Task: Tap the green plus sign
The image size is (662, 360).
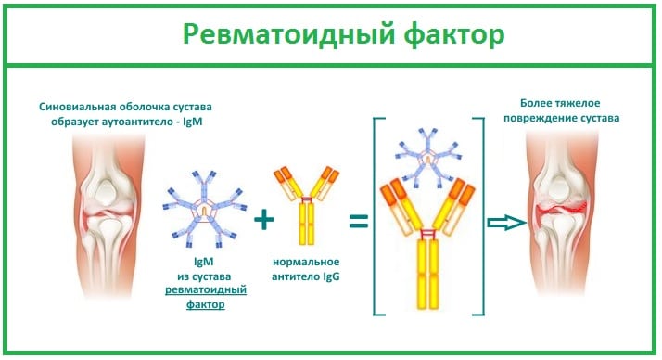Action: [265, 219]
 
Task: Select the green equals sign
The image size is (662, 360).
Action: [357, 221]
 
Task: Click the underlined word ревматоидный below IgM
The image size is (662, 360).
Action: [205, 290]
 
